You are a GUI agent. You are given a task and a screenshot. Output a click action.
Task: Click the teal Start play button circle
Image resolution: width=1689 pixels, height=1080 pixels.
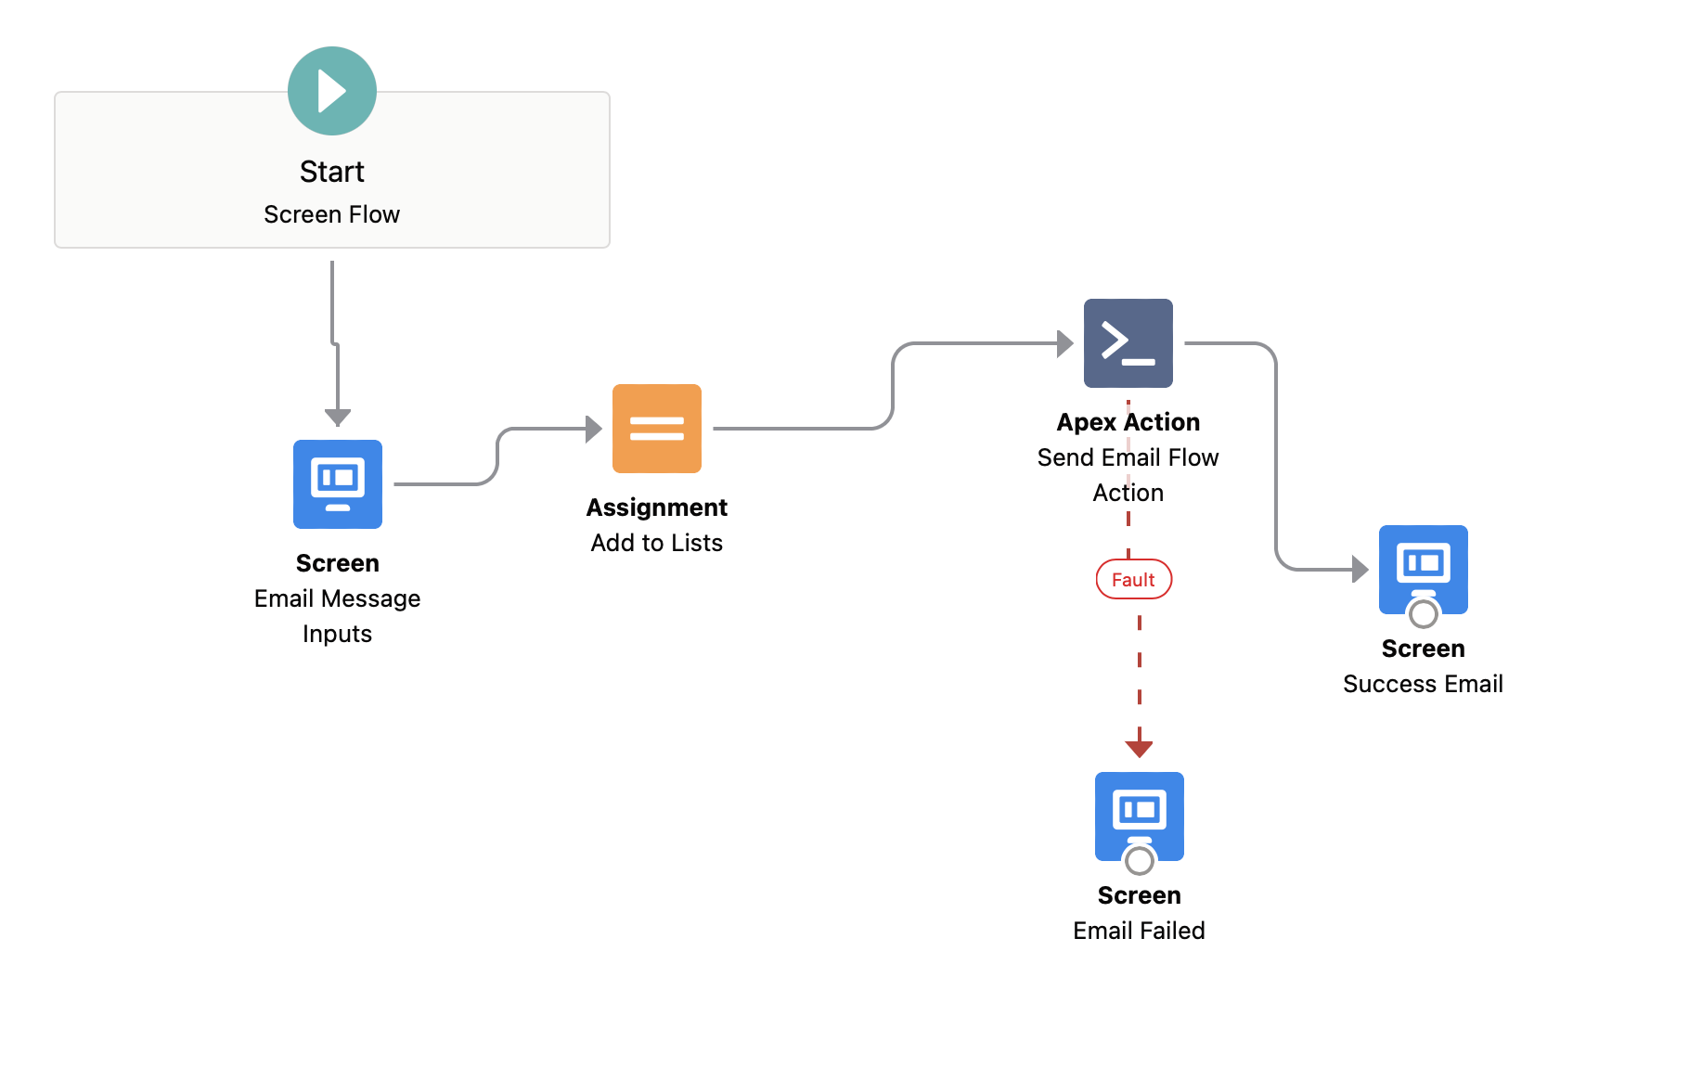tap(331, 91)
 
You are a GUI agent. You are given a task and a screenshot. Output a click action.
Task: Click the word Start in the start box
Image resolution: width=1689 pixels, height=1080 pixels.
tap(331, 172)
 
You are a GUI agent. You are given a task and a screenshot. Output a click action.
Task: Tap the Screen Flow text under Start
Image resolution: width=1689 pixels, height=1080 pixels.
tap(331, 214)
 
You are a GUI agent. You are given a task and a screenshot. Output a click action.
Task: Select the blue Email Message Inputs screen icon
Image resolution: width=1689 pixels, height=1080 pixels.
tap(337, 483)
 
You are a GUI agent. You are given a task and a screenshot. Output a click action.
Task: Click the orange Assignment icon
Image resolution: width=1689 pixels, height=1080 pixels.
tap(656, 428)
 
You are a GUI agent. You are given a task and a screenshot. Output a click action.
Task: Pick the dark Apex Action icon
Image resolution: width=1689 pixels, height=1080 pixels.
tap(1128, 342)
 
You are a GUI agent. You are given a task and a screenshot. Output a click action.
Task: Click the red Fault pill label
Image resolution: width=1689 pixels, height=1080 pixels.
tap(1133, 580)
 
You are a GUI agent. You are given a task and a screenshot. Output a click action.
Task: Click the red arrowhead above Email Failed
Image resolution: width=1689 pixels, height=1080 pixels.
tap(1139, 748)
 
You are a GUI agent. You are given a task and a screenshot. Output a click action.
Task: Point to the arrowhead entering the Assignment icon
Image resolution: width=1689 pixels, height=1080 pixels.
tap(594, 429)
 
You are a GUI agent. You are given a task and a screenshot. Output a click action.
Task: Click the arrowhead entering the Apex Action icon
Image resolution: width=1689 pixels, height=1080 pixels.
tap(1065, 343)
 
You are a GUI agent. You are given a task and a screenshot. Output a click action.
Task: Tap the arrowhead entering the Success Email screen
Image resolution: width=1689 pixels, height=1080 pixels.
tap(1360, 569)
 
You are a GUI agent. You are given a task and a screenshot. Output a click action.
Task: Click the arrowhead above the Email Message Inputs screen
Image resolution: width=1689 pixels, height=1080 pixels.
tap(337, 417)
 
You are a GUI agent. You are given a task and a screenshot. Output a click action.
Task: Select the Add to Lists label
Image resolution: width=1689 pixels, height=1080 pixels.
tap(656, 543)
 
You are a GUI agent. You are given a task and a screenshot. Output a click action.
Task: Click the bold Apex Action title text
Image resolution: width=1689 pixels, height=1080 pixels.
tap(1128, 422)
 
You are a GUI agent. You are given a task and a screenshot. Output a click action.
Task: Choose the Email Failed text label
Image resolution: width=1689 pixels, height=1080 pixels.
tap(1139, 931)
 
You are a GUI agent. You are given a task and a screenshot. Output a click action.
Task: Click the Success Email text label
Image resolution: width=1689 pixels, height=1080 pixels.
tap(1423, 684)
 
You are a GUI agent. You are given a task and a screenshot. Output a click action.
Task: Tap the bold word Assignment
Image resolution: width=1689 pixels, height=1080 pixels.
tap(656, 508)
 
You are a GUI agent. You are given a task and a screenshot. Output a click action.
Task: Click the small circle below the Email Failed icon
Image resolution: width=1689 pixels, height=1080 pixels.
tap(1139, 860)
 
